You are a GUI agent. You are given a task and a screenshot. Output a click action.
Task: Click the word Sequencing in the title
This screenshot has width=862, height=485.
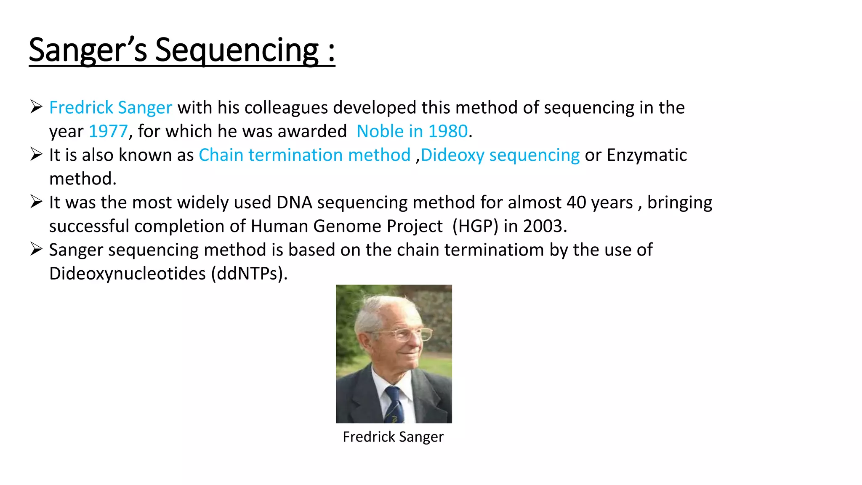point(237,51)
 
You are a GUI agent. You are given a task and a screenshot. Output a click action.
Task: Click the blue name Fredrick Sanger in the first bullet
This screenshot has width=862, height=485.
point(111,108)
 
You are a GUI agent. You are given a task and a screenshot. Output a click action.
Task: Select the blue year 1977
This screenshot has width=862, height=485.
point(108,131)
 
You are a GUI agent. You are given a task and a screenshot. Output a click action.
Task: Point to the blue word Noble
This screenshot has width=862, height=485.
point(380,131)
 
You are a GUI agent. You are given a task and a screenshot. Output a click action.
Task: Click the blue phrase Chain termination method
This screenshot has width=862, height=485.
point(304,155)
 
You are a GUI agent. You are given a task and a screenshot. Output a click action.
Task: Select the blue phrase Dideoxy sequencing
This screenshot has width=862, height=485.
point(500,155)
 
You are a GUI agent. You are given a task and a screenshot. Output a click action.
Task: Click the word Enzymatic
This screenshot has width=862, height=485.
point(646,155)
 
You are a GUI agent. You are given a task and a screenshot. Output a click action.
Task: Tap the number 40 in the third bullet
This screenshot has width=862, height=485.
point(576,203)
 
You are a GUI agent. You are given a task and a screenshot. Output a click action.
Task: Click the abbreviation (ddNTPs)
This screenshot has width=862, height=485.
point(249,274)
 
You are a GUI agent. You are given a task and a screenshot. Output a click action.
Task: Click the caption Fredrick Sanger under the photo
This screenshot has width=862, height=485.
point(393,437)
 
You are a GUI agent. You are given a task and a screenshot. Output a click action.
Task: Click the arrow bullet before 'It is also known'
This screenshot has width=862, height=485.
point(36,155)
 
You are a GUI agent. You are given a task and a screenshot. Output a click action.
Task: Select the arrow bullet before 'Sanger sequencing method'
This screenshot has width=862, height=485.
point(36,249)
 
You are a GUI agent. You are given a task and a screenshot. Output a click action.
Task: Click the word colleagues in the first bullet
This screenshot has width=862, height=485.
point(286,108)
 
